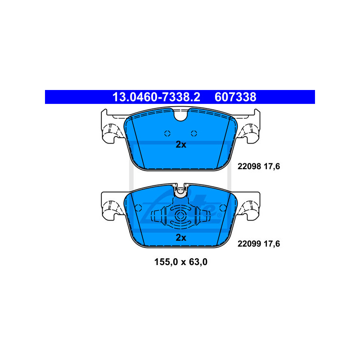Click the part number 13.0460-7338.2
[x=156, y=97]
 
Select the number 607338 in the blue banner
[x=235, y=97]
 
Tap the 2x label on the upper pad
[x=181, y=144]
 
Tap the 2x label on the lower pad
[x=181, y=238]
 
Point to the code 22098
[x=249, y=166]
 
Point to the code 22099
[x=249, y=243]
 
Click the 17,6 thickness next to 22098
[x=272, y=166]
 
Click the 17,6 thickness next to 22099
[x=272, y=244]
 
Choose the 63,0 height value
[x=198, y=262]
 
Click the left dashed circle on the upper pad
[x=167, y=133]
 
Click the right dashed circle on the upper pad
[x=194, y=133]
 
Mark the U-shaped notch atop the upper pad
[x=181, y=115]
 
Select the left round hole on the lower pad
[x=138, y=208]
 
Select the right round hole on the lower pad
[x=223, y=208]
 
